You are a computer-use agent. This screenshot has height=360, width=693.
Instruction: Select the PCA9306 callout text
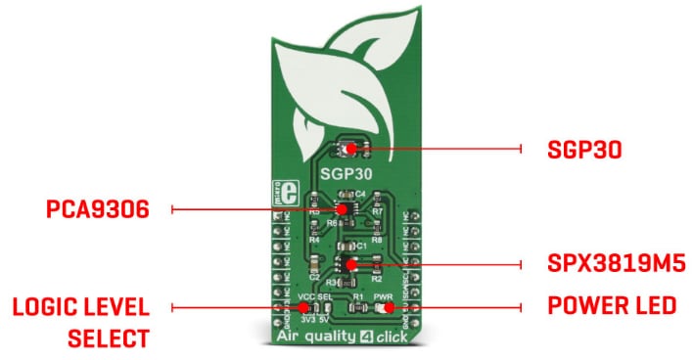pyautogui.click(x=97, y=209)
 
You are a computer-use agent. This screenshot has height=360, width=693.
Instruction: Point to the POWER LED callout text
pyautogui.click(x=612, y=306)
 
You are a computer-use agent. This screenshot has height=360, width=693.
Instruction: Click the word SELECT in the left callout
pyautogui.click(x=108, y=338)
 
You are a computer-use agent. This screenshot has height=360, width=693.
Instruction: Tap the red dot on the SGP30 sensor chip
pyautogui.click(x=346, y=149)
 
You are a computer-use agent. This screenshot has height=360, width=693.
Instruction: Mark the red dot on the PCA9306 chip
pyautogui.click(x=343, y=208)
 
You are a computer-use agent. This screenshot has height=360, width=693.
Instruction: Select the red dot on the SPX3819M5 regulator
pyautogui.click(x=350, y=264)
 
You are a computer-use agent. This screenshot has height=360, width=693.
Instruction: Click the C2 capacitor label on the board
pyautogui.click(x=315, y=277)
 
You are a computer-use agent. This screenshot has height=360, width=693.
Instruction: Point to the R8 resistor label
pyautogui.click(x=377, y=237)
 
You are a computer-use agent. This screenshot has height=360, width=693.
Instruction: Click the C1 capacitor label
pyautogui.click(x=361, y=244)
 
